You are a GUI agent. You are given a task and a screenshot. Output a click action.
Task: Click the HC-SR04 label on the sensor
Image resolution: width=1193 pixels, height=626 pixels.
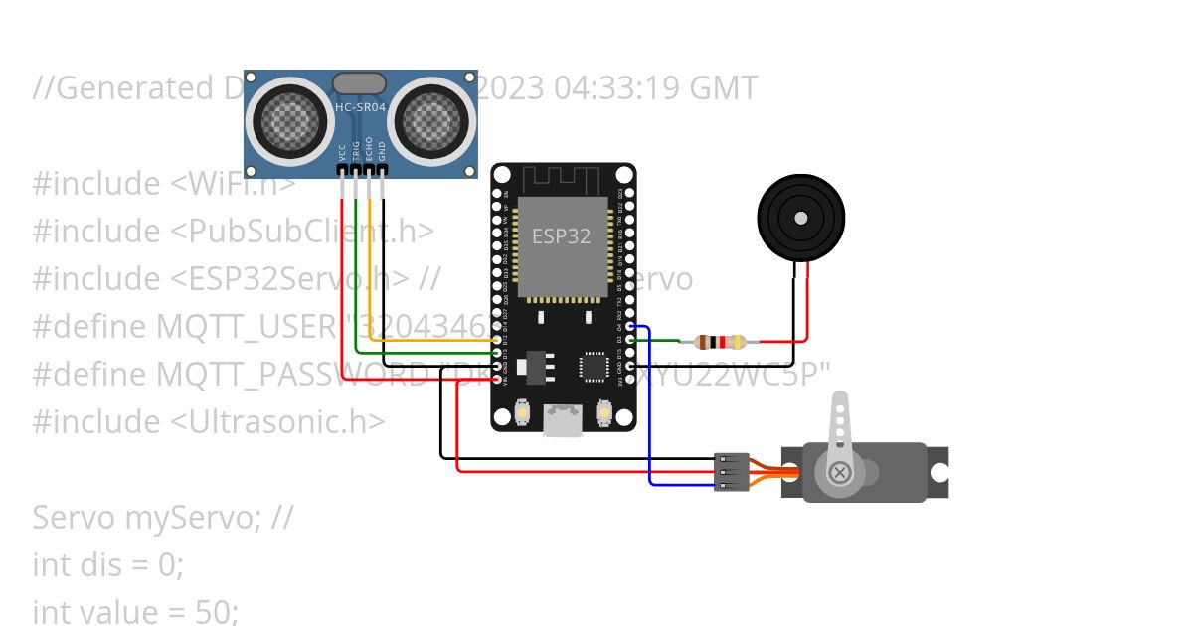click(360, 107)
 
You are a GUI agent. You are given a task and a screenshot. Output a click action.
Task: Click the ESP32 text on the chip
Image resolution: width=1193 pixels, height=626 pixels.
click(562, 236)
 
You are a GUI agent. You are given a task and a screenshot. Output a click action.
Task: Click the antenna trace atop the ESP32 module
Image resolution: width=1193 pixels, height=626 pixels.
click(563, 180)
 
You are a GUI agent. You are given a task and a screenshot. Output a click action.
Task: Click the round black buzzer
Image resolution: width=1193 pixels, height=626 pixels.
click(800, 215)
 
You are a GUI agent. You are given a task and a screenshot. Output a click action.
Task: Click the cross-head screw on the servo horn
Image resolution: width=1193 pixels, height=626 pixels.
click(840, 471)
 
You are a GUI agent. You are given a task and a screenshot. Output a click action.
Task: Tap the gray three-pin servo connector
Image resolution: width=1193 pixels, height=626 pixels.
click(731, 472)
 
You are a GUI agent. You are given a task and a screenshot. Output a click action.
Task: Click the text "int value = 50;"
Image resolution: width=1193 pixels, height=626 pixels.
click(135, 612)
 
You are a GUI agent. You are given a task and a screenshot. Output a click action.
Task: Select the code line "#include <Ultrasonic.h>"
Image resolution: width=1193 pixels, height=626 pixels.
click(208, 421)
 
